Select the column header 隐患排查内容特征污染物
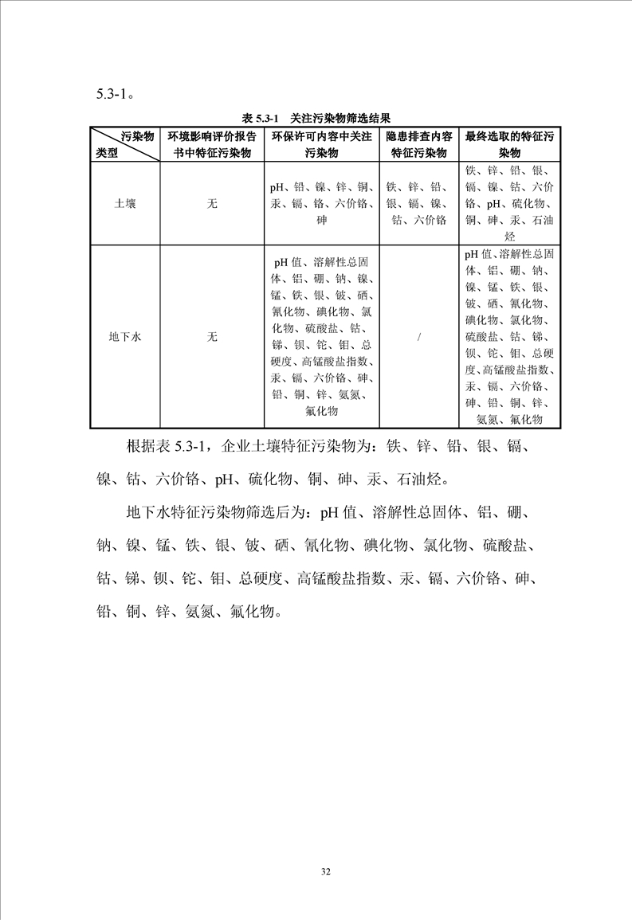coord(419,144)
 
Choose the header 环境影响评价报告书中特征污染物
coord(212,144)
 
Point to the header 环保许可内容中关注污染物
coord(321,144)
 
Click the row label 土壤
coord(124,204)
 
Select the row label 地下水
coord(124,337)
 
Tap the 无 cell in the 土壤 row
coord(212,204)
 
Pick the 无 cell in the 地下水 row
coord(212,337)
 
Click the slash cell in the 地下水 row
coord(419,337)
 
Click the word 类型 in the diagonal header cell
coord(107,153)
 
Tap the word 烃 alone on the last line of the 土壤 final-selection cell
coord(509,237)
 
